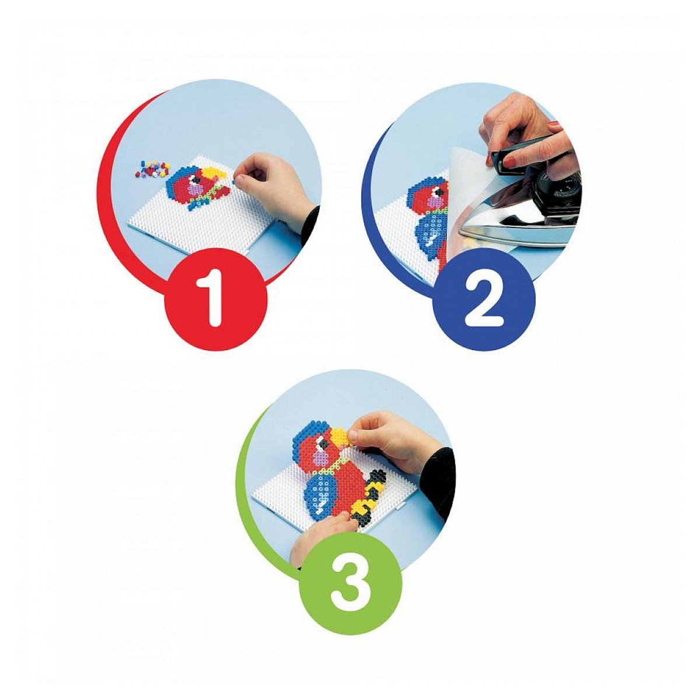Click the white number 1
[214, 297]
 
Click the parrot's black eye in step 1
[197, 180]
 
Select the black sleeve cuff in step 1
[310, 222]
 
